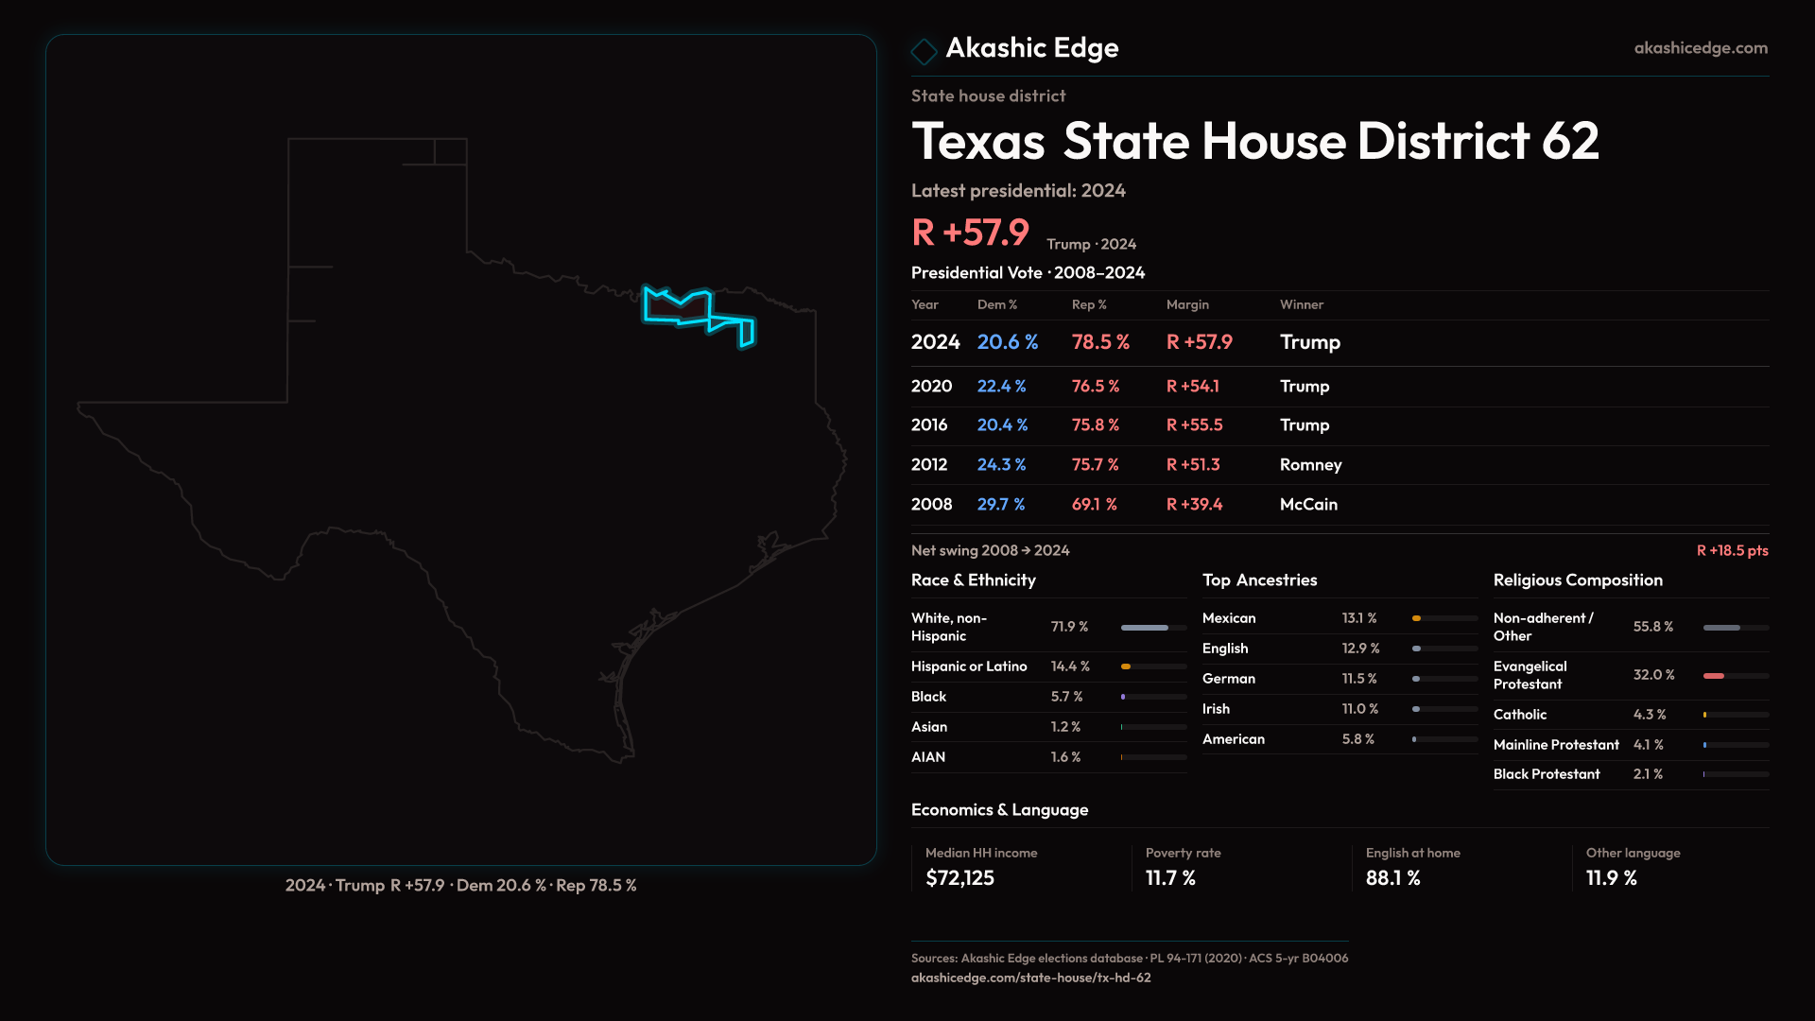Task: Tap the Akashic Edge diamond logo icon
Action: pos(924,51)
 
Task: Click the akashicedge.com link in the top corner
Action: pos(1701,47)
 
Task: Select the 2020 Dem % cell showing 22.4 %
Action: pos(1001,386)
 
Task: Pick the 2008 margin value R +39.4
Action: pos(1194,504)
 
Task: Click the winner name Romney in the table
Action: pos(1310,464)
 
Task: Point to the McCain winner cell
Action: pos(1308,504)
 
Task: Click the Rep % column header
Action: pos(1089,304)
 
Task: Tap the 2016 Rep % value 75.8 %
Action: pos(1095,424)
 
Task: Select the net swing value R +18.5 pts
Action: pos(1732,550)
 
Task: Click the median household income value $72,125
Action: pos(959,877)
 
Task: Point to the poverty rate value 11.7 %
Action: pos(1170,877)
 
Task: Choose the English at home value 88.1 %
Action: pos(1392,877)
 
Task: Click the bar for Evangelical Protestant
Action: pos(1735,676)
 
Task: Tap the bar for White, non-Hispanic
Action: pos(1153,628)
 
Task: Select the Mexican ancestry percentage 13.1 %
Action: pos(1358,618)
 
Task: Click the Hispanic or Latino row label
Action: pos(969,666)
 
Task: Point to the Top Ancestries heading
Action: pos(1259,580)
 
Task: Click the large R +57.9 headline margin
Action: pos(970,233)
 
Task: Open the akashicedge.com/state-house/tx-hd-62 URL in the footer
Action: pos(1030,978)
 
